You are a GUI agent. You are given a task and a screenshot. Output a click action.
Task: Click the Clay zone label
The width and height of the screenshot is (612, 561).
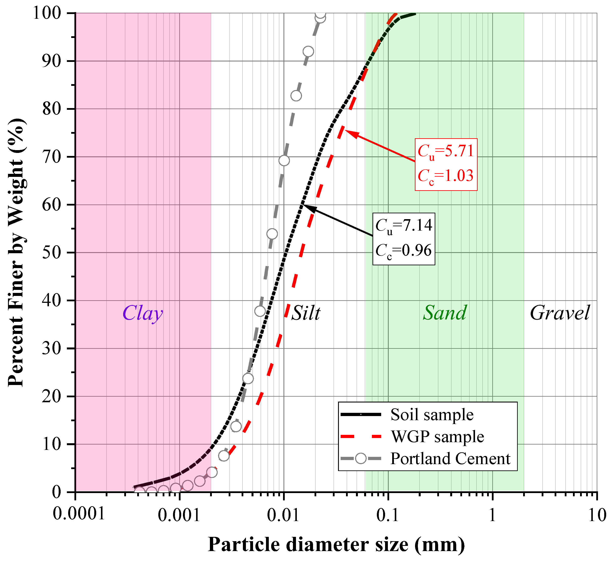pos(143,313)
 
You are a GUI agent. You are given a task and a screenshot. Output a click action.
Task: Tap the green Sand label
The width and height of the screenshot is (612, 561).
pos(445,313)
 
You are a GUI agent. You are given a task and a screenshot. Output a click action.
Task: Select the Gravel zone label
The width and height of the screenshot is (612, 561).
pos(560,313)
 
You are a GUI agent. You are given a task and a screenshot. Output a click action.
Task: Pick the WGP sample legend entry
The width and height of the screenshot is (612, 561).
pos(437,437)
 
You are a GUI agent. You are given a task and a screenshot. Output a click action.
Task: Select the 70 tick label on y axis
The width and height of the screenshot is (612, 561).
pos(52,157)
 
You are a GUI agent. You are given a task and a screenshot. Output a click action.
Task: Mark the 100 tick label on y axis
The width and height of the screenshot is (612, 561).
pos(47,13)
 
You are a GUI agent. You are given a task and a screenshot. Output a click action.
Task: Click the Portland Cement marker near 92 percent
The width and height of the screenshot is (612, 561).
pos(308,52)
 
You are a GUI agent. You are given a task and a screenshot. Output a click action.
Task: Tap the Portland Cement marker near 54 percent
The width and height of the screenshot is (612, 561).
pos(272,234)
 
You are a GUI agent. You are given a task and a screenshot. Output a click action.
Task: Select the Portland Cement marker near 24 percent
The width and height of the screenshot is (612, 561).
pos(248,379)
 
